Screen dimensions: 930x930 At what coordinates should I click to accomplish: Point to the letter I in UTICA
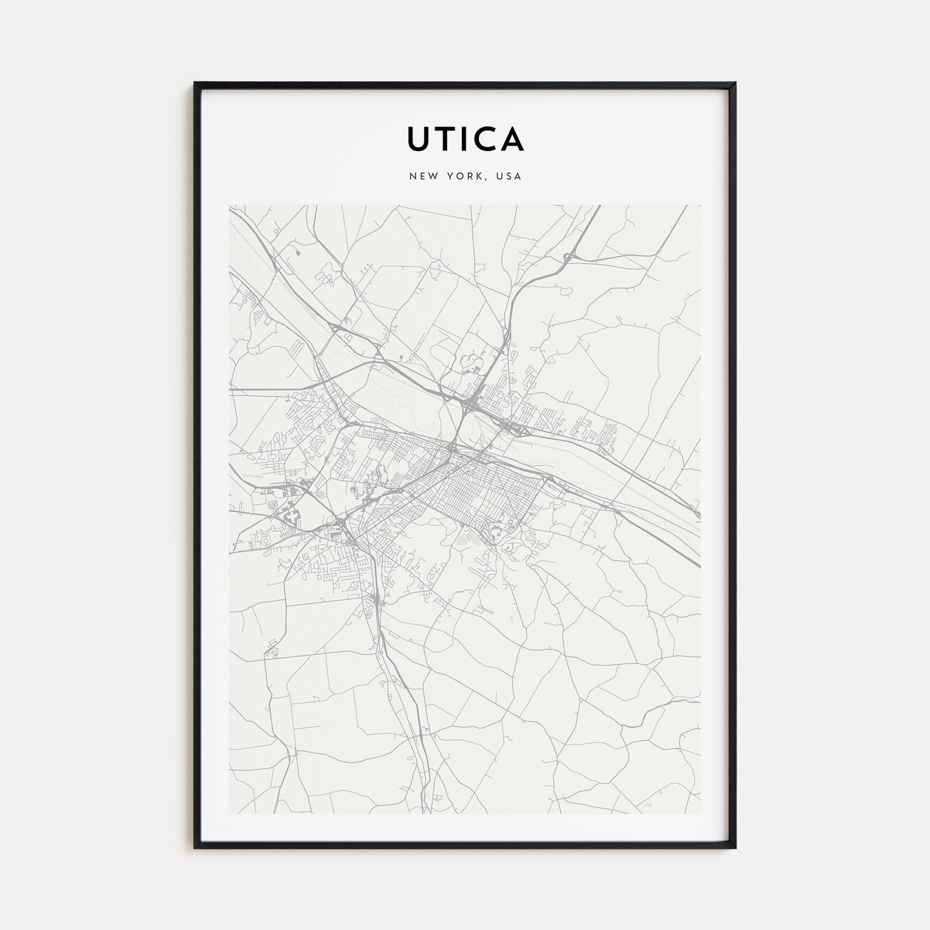pyautogui.click(x=468, y=139)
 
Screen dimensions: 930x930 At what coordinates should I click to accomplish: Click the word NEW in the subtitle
pyautogui.click(x=424, y=176)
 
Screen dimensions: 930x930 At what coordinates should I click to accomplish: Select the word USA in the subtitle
pyautogui.click(x=510, y=176)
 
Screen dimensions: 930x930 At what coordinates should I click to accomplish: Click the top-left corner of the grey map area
pyautogui.click(x=230, y=206)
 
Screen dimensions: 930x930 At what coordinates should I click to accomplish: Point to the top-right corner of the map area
pyautogui.click(x=700, y=206)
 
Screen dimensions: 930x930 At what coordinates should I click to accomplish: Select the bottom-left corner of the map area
pyautogui.click(x=230, y=813)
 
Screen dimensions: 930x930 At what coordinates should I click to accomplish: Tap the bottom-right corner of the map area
pyautogui.click(x=700, y=813)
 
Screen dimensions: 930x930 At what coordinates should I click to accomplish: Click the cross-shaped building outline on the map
pyautogui.click(x=292, y=518)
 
